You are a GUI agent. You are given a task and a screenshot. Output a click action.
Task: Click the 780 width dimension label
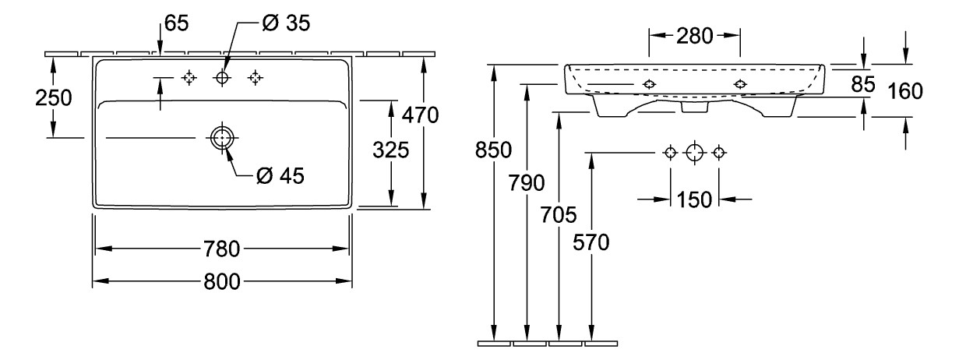click(221, 249)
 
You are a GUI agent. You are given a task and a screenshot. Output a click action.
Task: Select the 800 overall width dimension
click(221, 281)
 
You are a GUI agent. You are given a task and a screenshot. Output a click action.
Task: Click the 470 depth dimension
click(421, 115)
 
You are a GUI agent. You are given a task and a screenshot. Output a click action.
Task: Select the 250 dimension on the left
click(52, 98)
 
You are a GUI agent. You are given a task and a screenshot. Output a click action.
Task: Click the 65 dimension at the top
click(177, 23)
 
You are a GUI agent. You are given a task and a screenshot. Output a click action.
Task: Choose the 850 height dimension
click(495, 149)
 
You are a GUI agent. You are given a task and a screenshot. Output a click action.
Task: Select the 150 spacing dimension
click(694, 199)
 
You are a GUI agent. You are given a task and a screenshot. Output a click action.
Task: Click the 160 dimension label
click(904, 92)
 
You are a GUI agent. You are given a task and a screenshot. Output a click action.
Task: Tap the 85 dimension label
click(863, 84)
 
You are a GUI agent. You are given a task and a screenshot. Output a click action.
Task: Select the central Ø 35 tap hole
click(223, 77)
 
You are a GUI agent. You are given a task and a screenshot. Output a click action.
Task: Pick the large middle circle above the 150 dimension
click(694, 152)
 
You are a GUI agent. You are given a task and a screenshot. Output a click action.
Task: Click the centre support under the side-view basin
click(693, 105)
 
